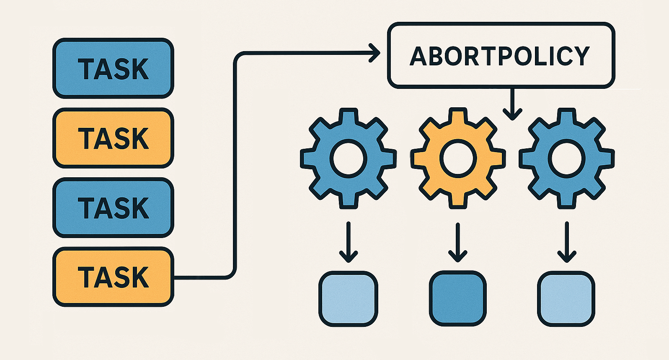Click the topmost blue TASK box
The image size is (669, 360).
[113, 68]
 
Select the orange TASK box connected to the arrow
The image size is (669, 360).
[113, 277]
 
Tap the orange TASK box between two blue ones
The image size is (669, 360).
[113, 138]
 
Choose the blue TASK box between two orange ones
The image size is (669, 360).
[113, 207]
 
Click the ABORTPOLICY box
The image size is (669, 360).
[501, 55]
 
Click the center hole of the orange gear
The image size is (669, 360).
[458, 158]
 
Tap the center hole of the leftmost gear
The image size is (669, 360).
[349, 158]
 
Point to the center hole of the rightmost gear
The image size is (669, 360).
[567, 158]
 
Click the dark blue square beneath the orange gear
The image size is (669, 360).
[458, 298]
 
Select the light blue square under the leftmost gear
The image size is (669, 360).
[349, 298]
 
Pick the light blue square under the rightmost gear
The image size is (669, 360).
[566, 298]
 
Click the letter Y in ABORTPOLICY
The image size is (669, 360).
[580, 56]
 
